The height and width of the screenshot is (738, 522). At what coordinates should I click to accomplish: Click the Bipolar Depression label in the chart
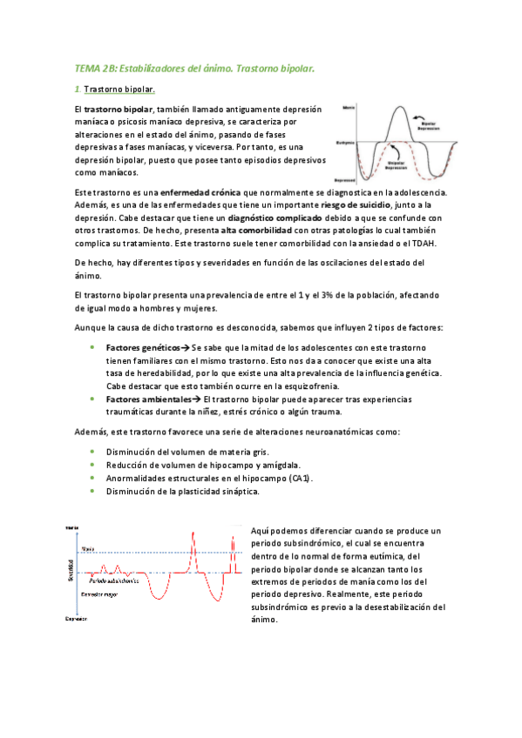427,125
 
